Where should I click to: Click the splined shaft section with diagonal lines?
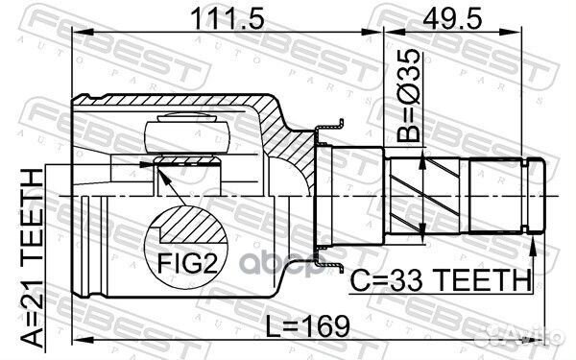[423, 192]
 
